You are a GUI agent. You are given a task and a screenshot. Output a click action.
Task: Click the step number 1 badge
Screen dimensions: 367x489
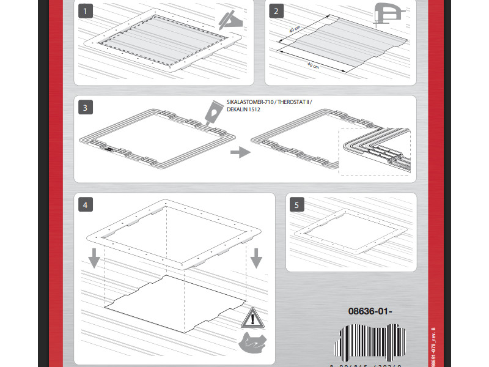tap(86, 11)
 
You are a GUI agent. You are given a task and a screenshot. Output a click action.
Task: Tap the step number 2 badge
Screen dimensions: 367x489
tap(277, 11)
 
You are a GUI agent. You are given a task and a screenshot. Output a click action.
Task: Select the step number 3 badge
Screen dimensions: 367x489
tap(86, 108)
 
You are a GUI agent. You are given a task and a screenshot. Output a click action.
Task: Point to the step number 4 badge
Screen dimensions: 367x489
tap(86, 204)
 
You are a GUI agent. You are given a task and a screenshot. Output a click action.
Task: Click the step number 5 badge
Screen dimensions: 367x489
tap(296, 204)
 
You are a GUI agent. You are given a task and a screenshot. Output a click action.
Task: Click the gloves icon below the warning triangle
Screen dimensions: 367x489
tap(253, 344)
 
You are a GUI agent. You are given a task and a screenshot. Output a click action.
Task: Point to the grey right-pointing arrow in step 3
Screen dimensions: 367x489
tap(240, 152)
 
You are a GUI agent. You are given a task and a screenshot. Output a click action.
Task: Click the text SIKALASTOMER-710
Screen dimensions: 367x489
tap(248, 102)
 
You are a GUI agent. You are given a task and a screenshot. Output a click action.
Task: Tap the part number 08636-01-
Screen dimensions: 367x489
tap(370, 311)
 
